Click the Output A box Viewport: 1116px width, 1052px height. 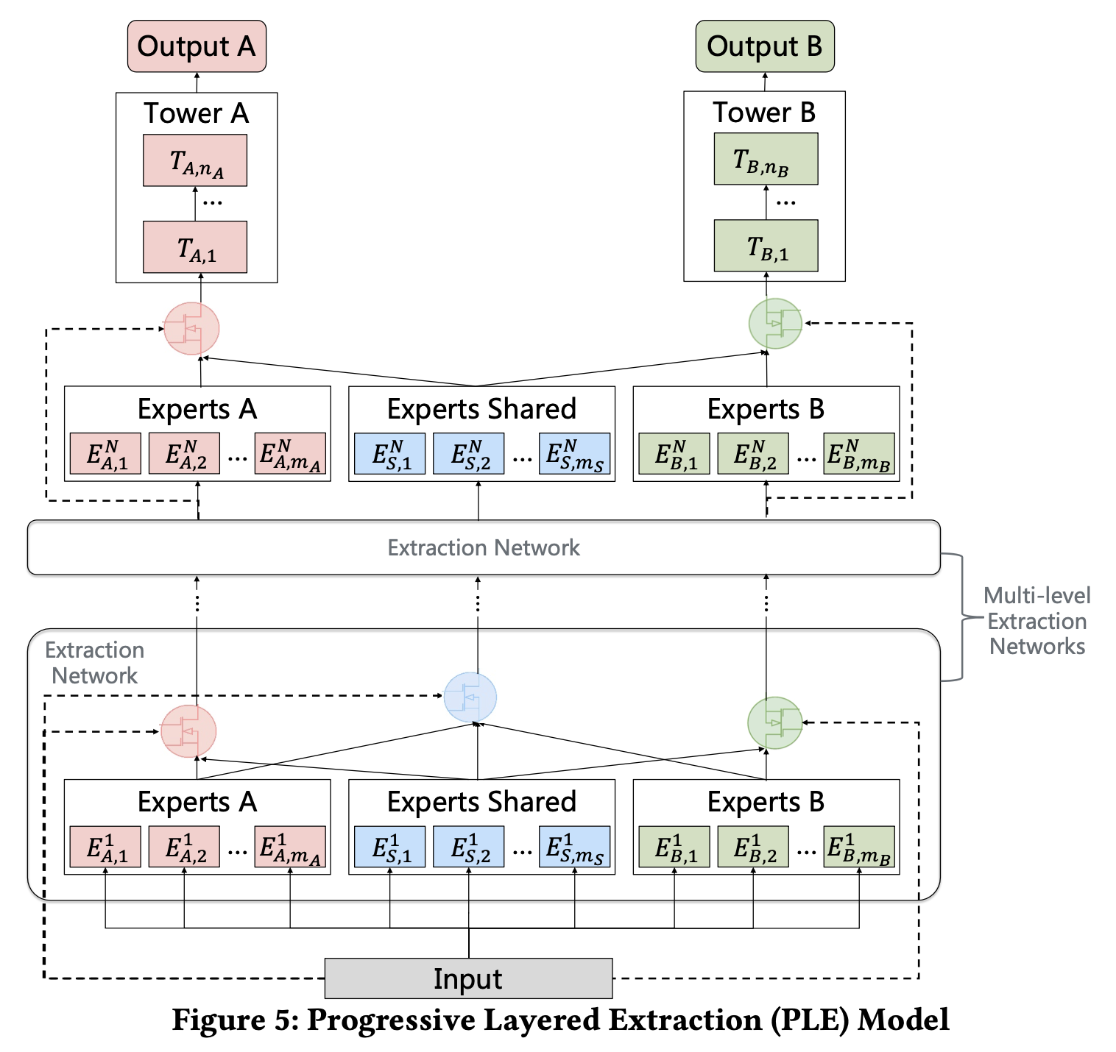coord(197,46)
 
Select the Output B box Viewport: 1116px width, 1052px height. coord(764,46)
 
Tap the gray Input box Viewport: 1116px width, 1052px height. coord(468,978)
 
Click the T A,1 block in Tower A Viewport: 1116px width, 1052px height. coord(195,247)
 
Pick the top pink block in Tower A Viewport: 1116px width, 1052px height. coord(195,160)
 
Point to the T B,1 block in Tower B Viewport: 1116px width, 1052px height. coord(766,246)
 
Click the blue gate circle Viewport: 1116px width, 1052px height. coord(470,697)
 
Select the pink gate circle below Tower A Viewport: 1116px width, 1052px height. coord(191,328)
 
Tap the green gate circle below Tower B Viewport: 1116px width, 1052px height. coord(775,324)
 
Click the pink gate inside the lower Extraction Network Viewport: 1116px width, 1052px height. coord(188,731)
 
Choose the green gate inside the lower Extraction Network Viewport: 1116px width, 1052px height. coord(774,723)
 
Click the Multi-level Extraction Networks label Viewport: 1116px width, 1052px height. coord(1036,621)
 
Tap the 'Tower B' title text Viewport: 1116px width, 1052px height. coord(764,113)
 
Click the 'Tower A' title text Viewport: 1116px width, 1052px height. coord(196,113)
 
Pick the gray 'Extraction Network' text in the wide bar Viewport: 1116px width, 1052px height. coord(484,547)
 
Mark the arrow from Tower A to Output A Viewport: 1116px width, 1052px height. coord(197,82)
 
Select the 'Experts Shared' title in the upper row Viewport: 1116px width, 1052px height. coord(481,409)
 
